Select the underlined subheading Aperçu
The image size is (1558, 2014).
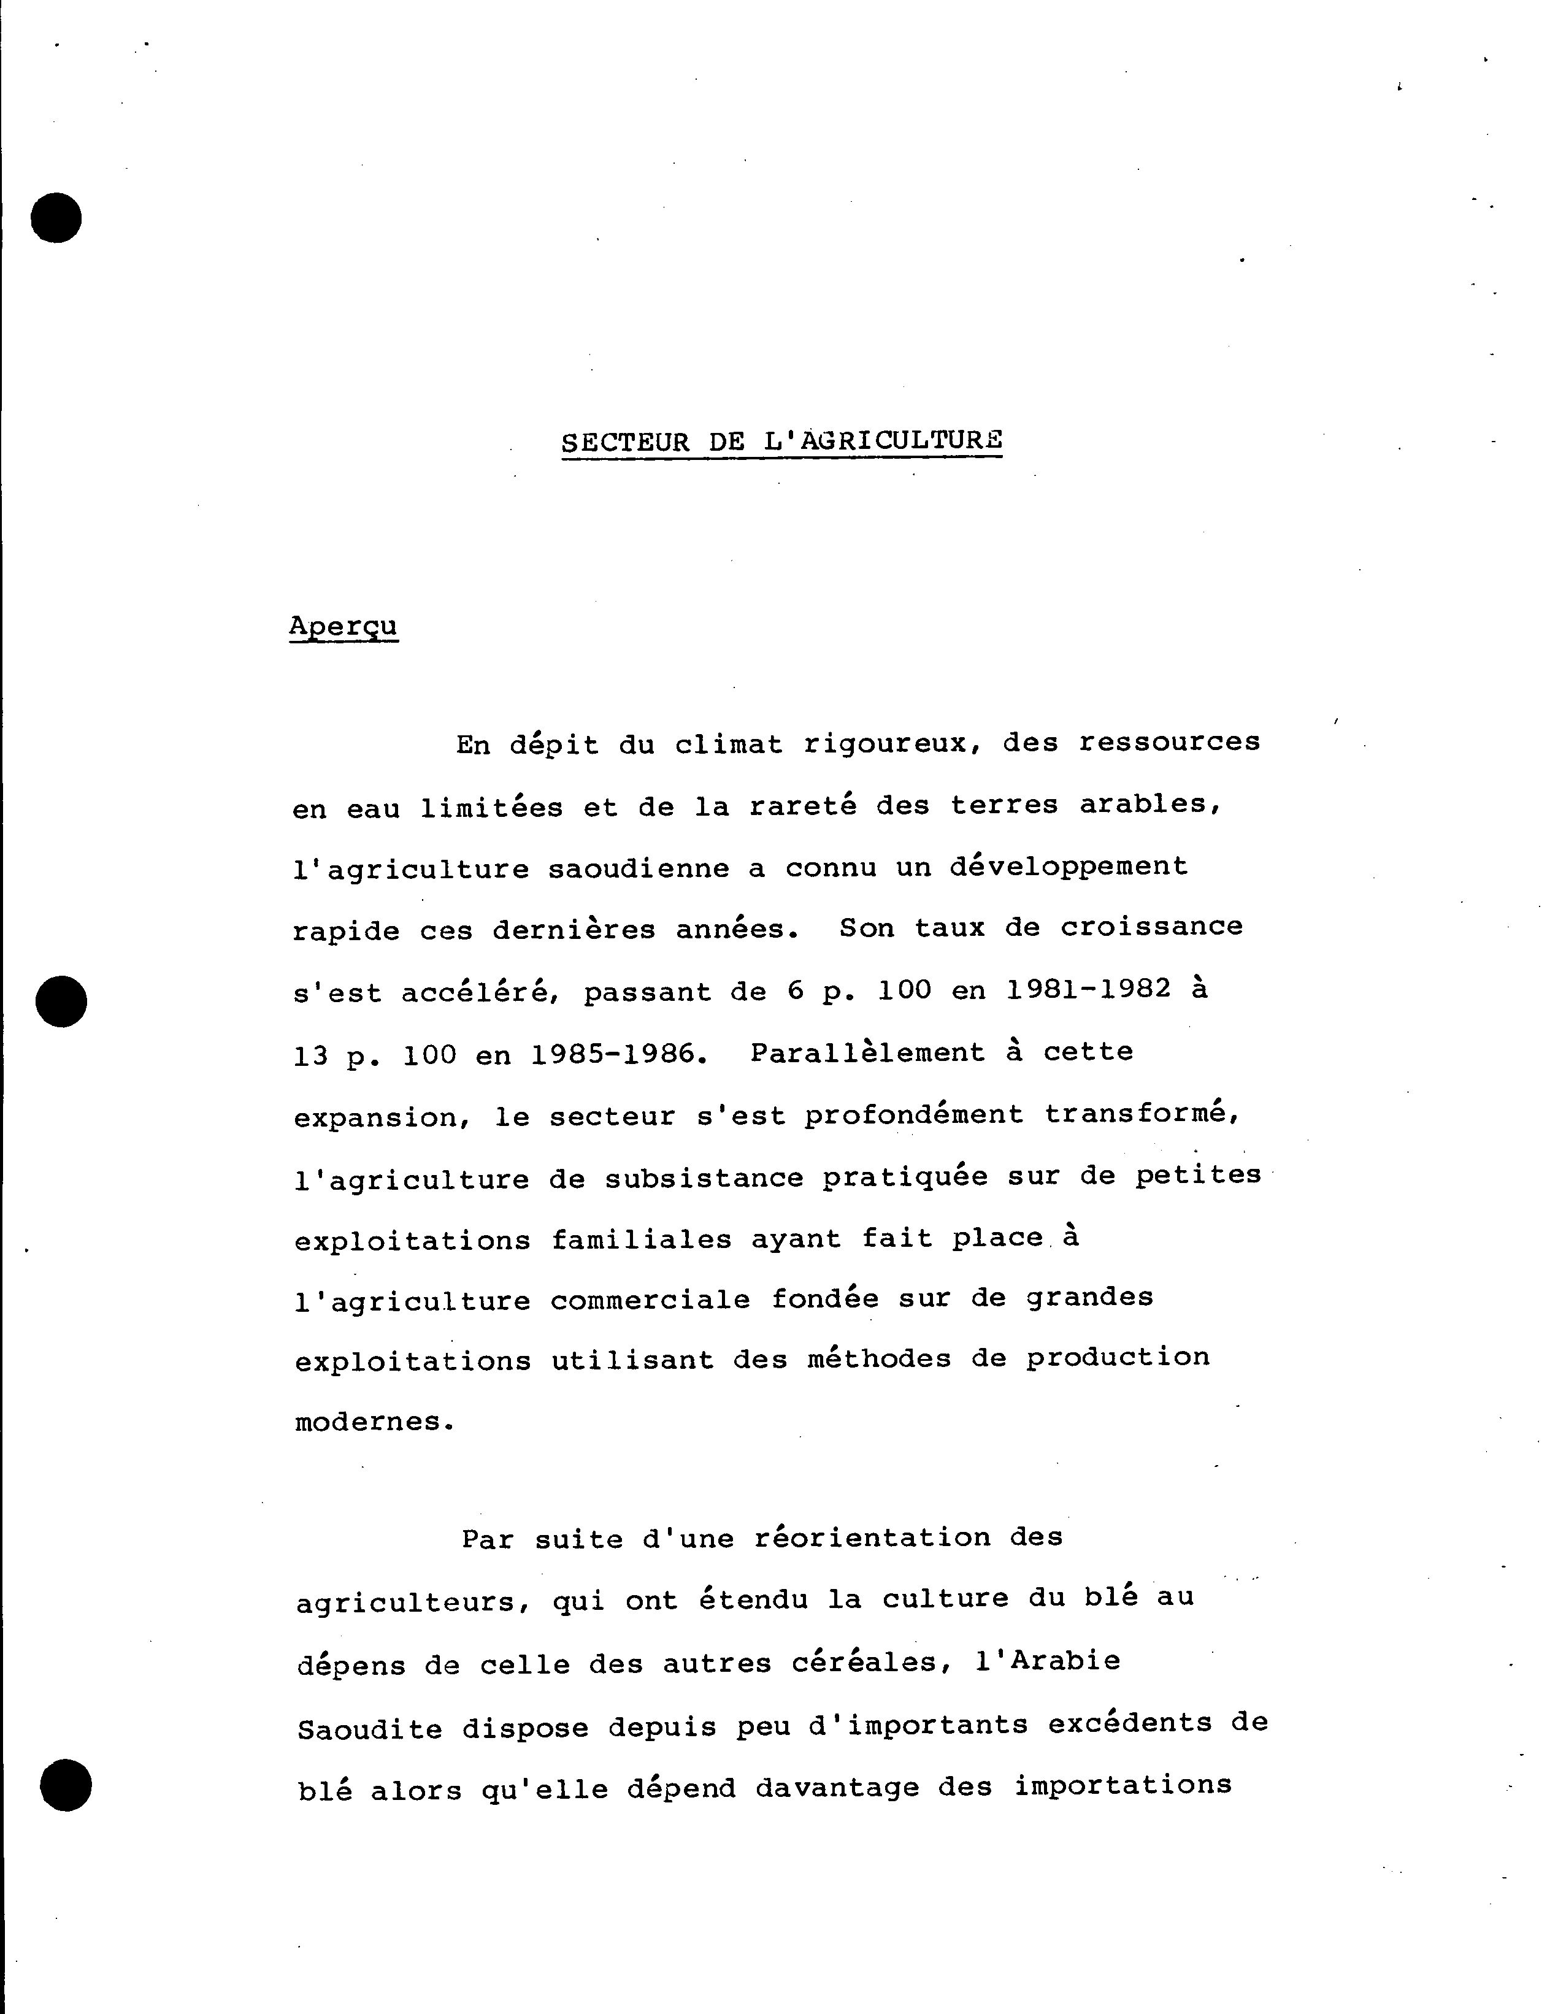point(343,626)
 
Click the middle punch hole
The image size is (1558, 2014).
point(61,1000)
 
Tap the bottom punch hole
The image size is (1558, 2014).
point(66,1785)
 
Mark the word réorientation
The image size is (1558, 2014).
point(872,1538)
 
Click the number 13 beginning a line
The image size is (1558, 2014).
point(311,1055)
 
